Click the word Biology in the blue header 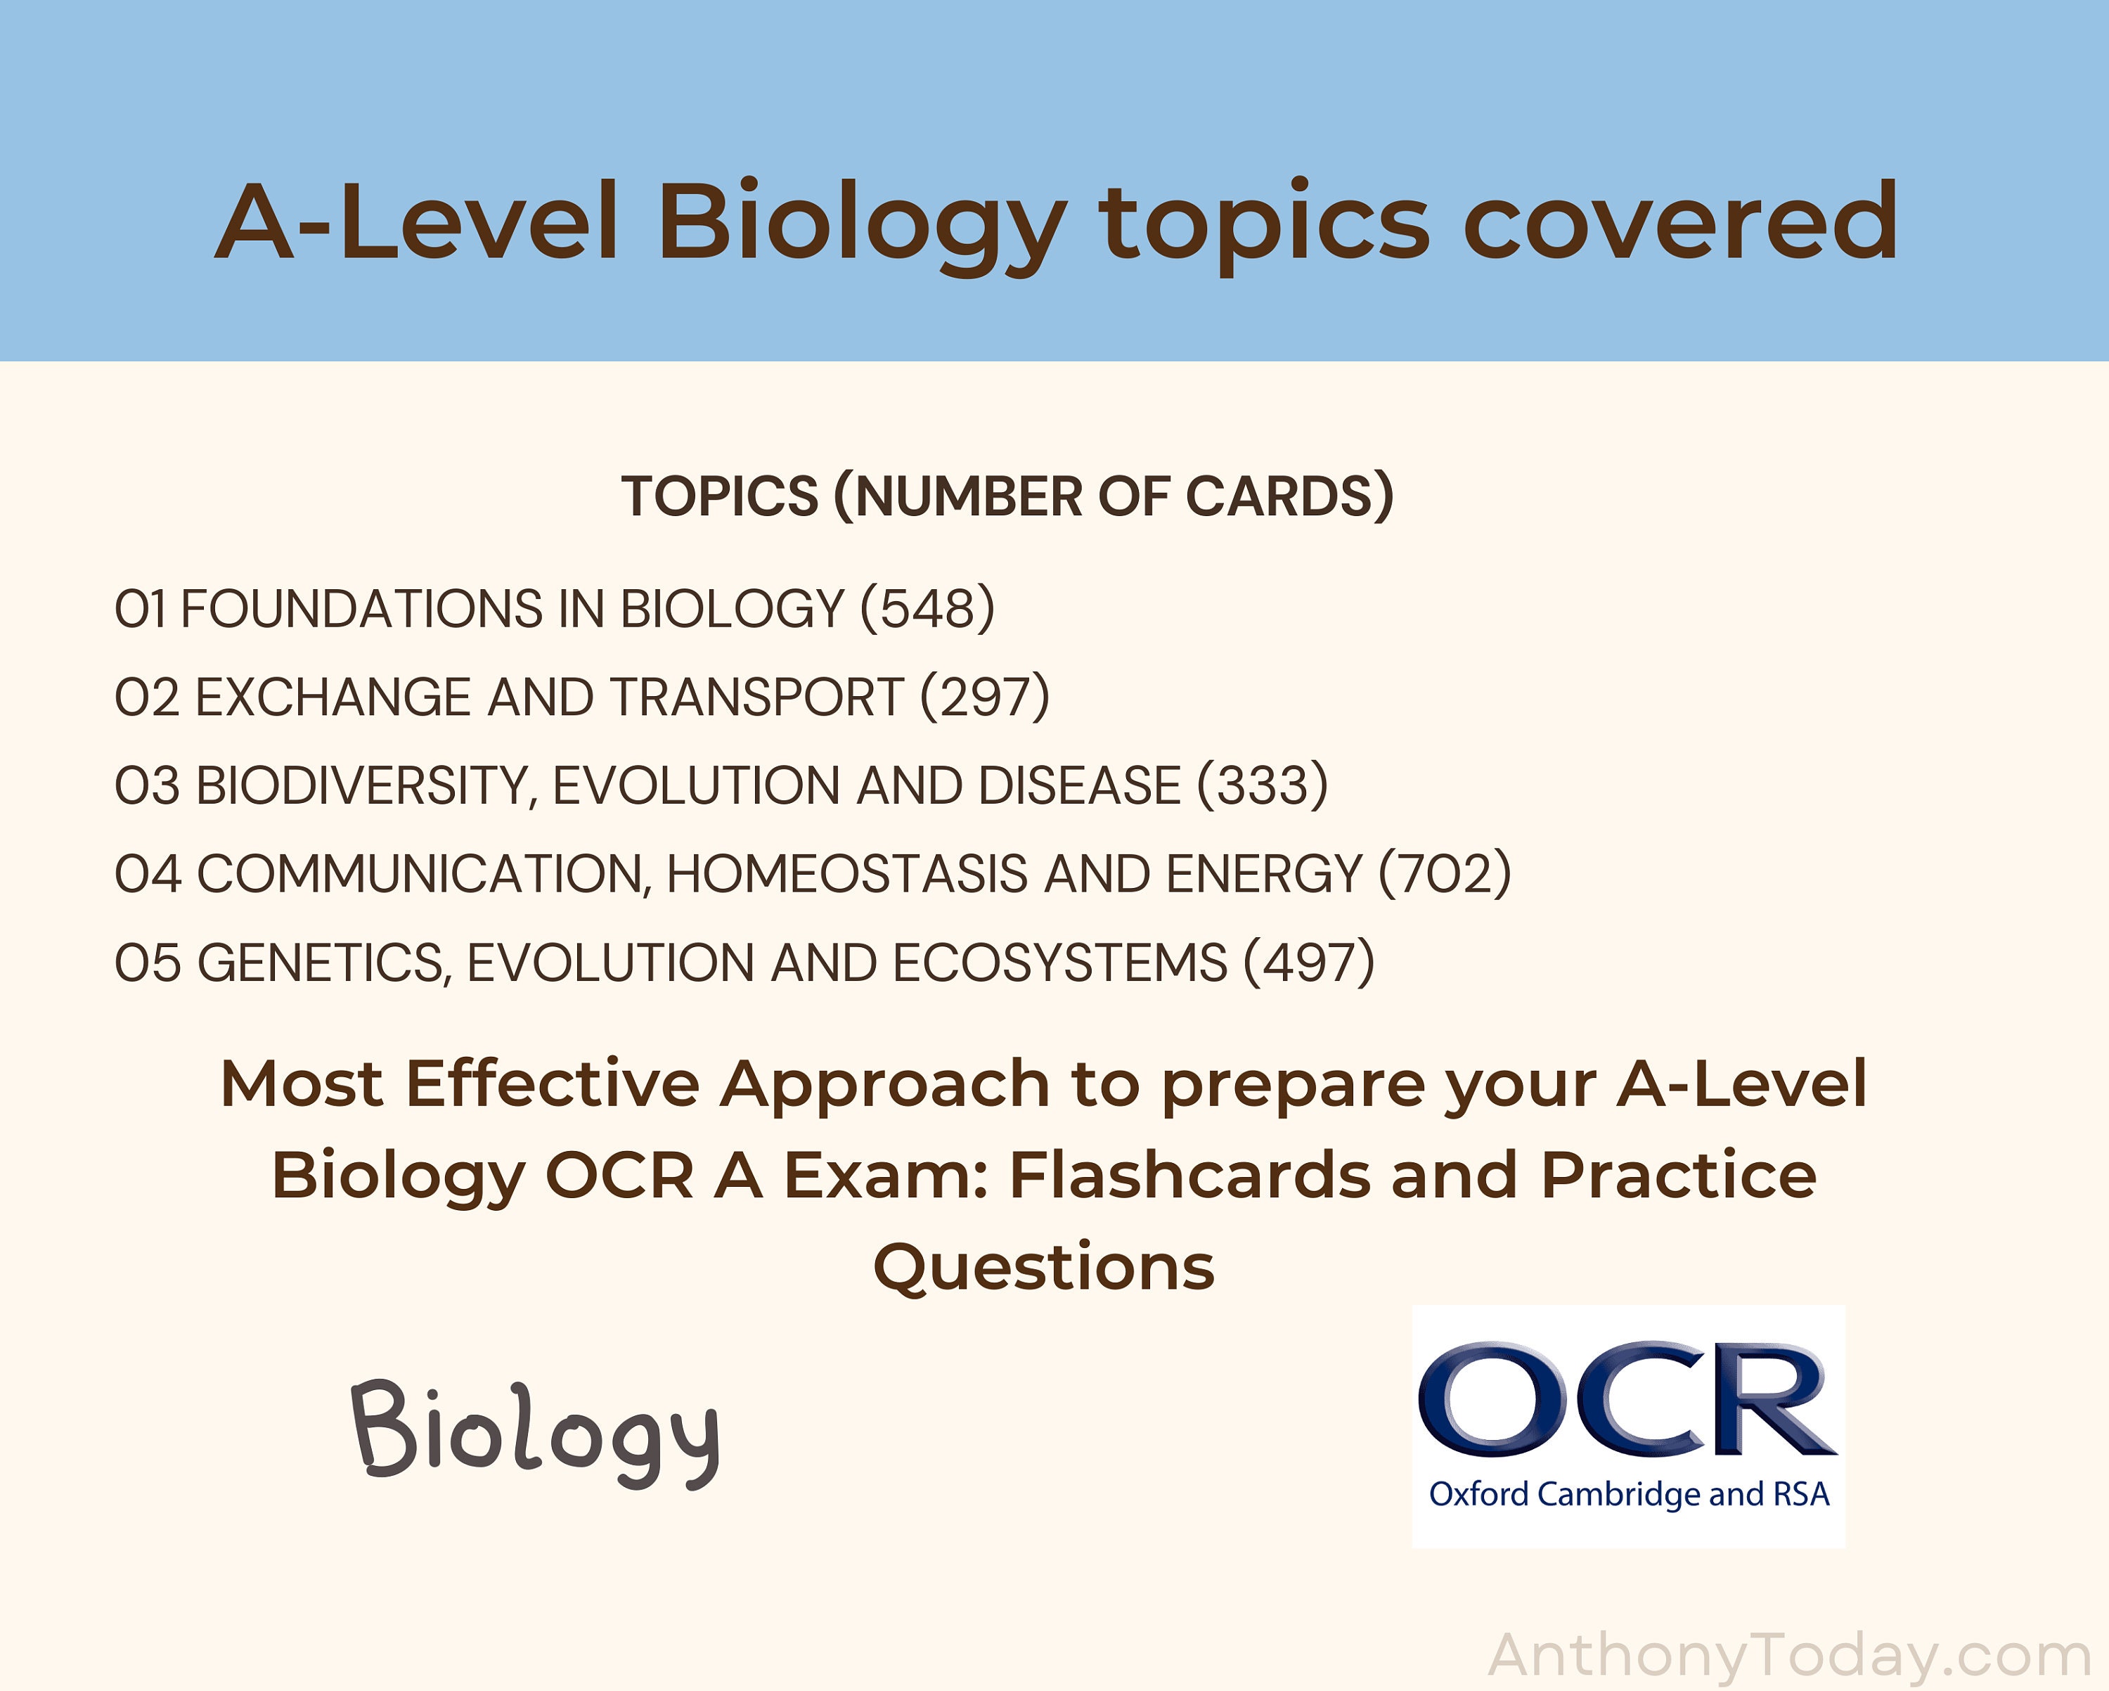(x=860, y=223)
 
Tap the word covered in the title (x=1679, y=223)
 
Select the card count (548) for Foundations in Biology (x=927, y=609)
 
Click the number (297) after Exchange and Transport (x=984, y=697)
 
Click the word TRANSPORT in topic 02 (x=756, y=697)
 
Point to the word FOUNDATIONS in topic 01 (x=361, y=609)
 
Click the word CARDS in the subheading (x=1289, y=496)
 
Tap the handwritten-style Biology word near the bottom (x=535, y=1431)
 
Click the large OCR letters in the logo (x=1627, y=1399)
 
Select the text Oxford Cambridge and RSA (x=1629, y=1494)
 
